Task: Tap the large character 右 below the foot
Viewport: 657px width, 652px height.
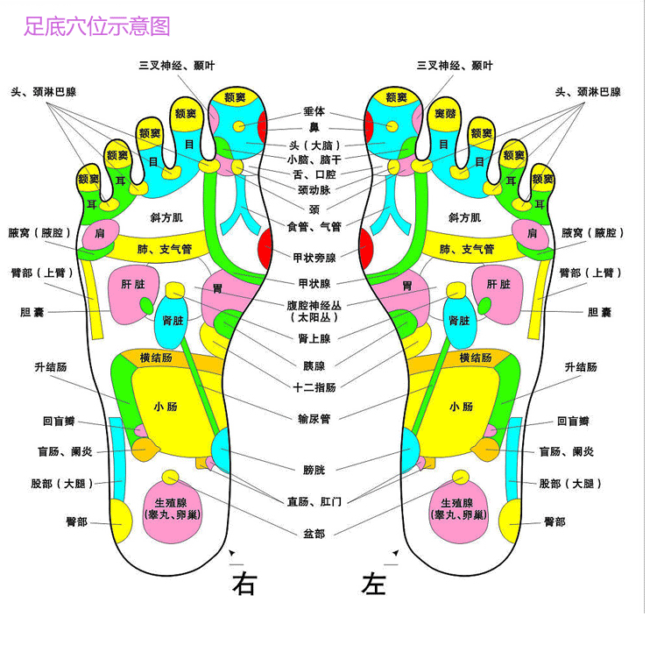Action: (x=244, y=584)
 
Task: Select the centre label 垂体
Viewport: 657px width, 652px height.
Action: (x=314, y=112)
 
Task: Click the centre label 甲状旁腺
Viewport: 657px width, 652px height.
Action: (x=314, y=258)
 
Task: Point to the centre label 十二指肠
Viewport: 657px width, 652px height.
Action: (x=314, y=386)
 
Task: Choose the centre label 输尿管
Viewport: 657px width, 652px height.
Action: (x=314, y=419)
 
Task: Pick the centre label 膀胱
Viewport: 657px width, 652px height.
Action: (x=314, y=470)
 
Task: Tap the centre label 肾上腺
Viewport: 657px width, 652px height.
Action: (x=314, y=338)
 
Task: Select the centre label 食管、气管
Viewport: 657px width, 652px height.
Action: (x=314, y=227)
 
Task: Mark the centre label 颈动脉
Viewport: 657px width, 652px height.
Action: (x=314, y=190)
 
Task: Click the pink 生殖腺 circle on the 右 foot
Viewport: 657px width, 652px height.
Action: (x=172, y=510)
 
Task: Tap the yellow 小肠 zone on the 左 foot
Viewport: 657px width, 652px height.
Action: (x=462, y=407)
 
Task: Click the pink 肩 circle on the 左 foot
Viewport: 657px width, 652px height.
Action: (x=532, y=233)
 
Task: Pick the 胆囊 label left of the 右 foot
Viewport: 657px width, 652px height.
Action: (x=32, y=312)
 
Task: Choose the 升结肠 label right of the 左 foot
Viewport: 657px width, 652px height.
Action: (x=581, y=367)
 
